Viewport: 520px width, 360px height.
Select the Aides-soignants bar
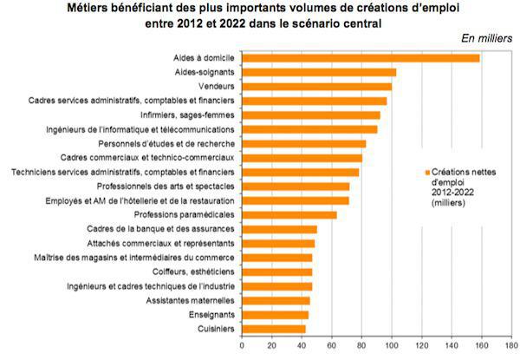318,73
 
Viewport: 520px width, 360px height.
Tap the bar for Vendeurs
315,87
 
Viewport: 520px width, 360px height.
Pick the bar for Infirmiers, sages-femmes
310,115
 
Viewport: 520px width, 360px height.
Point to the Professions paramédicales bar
289,214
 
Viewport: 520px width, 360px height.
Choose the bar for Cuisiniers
273,328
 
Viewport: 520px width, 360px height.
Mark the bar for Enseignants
275,314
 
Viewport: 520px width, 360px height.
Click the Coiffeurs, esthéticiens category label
189,272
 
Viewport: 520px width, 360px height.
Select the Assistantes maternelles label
185,300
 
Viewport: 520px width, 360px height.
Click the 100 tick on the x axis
391,344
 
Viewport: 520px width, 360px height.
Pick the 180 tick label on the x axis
510,344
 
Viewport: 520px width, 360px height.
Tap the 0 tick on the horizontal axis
242,344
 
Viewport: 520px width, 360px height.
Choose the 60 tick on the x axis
331,344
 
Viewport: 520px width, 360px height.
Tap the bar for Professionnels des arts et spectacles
296,187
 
